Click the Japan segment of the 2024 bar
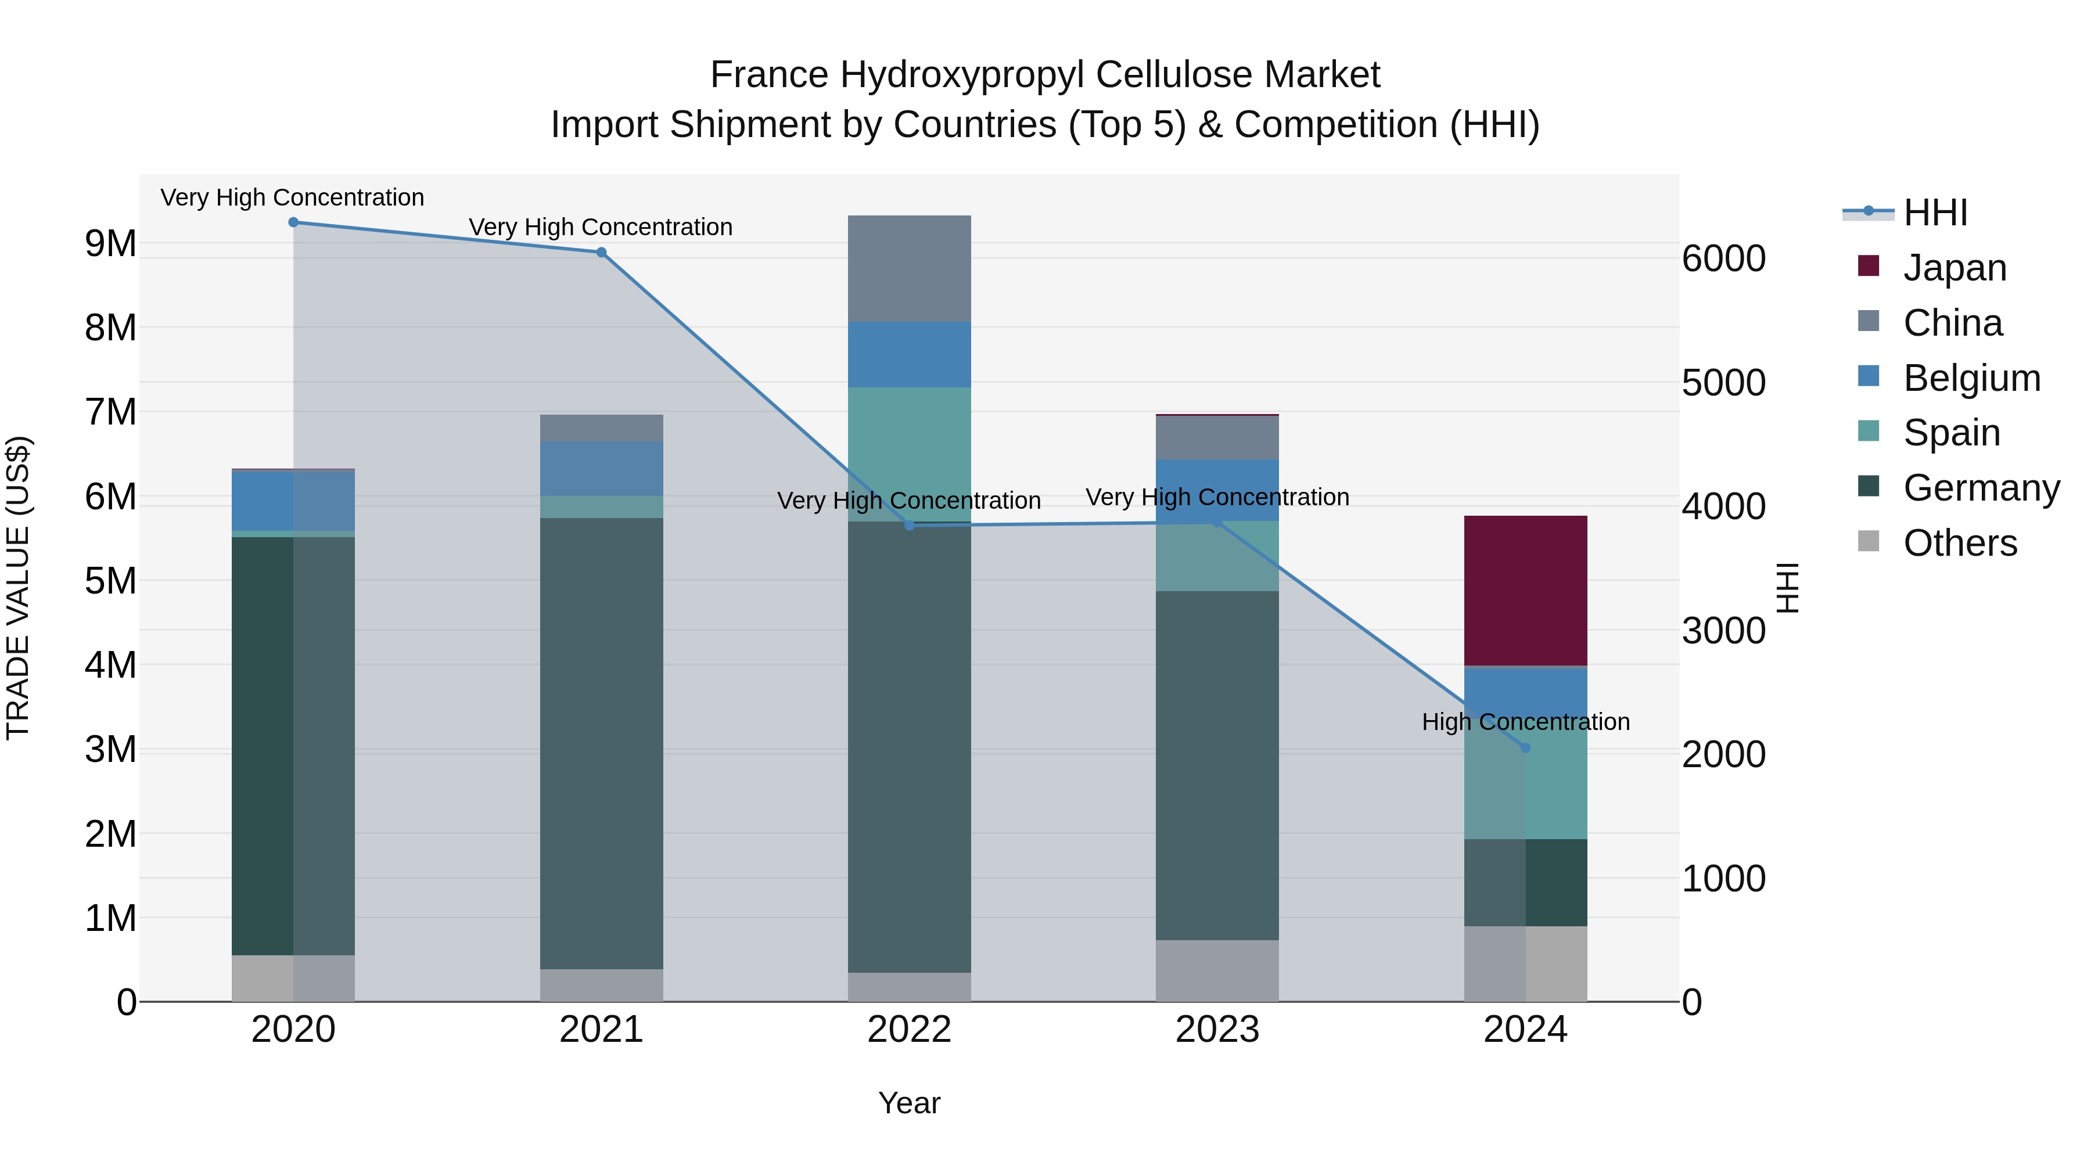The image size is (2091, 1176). pyautogui.click(x=1525, y=590)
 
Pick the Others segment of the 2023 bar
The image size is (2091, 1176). pyautogui.click(x=1217, y=970)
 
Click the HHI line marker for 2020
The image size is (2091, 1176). pyautogui.click(x=294, y=222)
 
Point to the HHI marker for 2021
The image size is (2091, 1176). pyautogui.click(x=602, y=253)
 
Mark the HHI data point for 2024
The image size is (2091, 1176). pyautogui.click(x=1525, y=747)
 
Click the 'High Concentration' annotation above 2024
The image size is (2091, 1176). pyautogui.click(x=1525, y=721)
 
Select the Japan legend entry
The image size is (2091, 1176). pyautogui.click(x=1954, y=268)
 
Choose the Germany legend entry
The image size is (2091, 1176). pyautogui.click(x=1981, y=488)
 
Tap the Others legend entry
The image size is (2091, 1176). pyautogui.click(x=1960, y=543)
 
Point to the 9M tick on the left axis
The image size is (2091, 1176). pyautogui.click(x=110, y=243)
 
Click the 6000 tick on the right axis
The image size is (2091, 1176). pyautogui.click(x=1723, y=259)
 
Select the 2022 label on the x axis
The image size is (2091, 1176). pyautogui.click(x=909, y=1030)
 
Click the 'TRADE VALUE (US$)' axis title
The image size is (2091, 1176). pyautogui.click(x=18, y=588)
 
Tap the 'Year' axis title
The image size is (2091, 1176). pyautogui.click(x=909, y=1103)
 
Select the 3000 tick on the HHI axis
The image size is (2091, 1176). pyautogui.click(x=1723, y=631)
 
